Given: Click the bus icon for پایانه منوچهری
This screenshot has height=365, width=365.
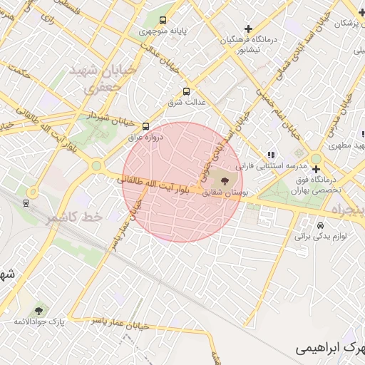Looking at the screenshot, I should tap(163, 20).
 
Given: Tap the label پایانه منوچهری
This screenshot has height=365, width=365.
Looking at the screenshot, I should tap(165, 32).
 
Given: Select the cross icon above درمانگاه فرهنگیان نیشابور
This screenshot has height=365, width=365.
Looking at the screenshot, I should tap(248, 29).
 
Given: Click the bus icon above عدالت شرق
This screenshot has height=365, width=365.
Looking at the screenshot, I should tap(187, 91).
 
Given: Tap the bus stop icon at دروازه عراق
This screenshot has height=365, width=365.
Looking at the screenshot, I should tap(146, 125).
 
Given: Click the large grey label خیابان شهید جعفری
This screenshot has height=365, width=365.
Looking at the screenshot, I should tap(94, 79).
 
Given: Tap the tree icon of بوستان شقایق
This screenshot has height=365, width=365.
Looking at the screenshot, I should tap(226, 182).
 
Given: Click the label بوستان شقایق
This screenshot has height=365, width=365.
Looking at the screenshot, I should tap(225, 192).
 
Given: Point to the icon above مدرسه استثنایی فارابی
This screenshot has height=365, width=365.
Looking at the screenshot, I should tap(270, 154).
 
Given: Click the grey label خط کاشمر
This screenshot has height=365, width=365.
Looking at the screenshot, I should tap(75, 217).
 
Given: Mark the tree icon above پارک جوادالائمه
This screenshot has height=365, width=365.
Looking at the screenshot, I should tap(38, 311).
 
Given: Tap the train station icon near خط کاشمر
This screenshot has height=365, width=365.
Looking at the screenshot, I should tap(26, 202).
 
